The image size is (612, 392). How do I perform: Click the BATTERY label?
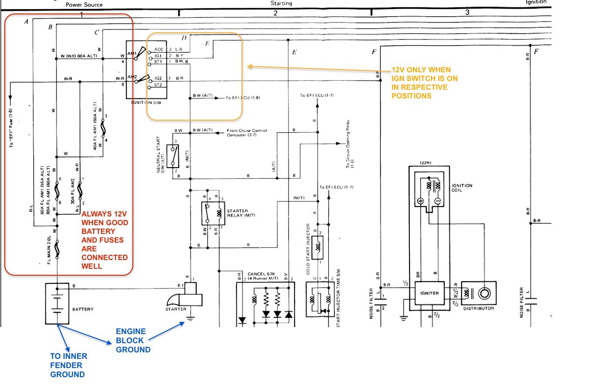(83, 309)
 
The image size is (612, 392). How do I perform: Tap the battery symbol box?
(57, 304)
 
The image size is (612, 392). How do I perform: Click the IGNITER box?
(429, 293)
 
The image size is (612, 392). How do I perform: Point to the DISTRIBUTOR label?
(478, 308)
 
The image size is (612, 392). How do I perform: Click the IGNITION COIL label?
(462, 188)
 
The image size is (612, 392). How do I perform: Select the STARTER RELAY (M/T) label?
(241, 213)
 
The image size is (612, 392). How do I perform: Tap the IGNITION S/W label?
(146, 103)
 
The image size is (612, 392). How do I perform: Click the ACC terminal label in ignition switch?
(159, 50)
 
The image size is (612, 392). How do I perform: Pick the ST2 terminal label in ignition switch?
(158, 85)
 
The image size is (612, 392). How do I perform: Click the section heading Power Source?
(84, 5)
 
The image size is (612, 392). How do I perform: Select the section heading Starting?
(281, 3)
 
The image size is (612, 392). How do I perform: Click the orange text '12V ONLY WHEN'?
(421, 70)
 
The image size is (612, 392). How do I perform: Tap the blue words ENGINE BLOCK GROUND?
(133, 341)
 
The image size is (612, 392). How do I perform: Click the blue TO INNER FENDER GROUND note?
(68, 365)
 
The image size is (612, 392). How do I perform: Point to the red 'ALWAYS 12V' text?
(104, 214)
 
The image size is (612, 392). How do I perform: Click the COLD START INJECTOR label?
(308, 249)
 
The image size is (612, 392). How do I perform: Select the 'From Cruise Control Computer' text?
(247, 132)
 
